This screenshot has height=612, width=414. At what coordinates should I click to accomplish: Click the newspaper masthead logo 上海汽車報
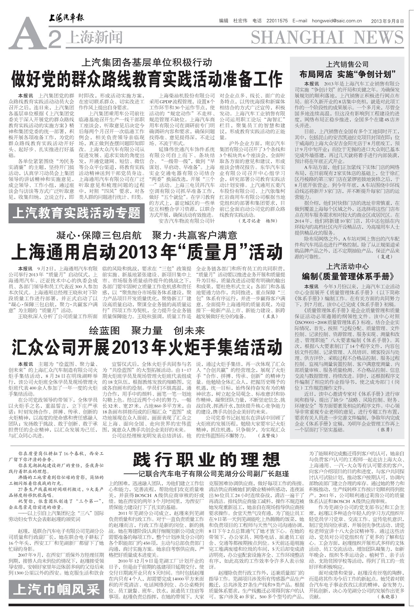66,18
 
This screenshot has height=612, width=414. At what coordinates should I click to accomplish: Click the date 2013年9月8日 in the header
387,21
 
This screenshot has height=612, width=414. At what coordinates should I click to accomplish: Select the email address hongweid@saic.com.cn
337,21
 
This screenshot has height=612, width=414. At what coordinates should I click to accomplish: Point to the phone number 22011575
277,21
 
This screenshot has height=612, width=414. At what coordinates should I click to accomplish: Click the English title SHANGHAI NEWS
327,37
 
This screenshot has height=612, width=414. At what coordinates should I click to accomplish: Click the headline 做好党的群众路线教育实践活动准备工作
147,79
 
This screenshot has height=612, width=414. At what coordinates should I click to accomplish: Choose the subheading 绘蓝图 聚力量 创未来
147,330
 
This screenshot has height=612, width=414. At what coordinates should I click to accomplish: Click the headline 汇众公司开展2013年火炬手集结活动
147,348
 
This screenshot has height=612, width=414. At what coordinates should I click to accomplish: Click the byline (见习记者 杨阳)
258,221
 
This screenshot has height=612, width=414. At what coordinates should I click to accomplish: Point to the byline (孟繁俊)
267,436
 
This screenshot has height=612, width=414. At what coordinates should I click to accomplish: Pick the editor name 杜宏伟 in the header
240,21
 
